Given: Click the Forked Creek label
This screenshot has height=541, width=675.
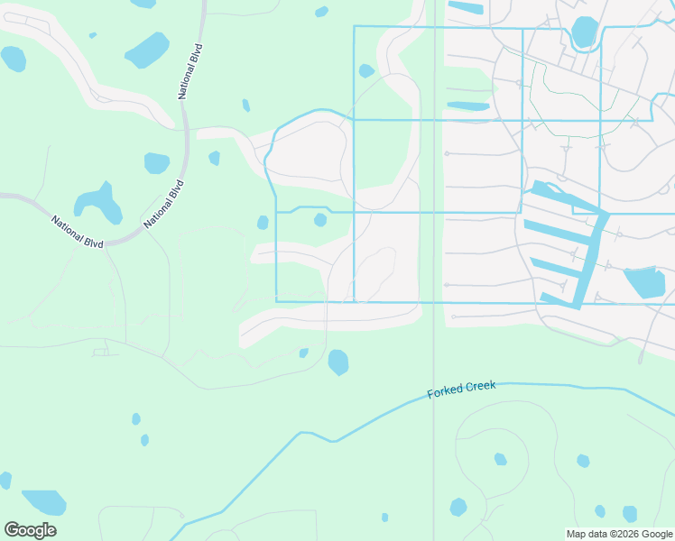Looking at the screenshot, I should [461, 389].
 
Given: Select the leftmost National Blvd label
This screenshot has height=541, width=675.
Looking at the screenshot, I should [77, 232].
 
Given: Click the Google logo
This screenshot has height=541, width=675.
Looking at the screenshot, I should [30, 530].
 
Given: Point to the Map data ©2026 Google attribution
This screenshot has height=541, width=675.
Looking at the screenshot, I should [618, 534].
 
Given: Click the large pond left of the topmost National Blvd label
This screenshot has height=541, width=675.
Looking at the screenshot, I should [147, 50].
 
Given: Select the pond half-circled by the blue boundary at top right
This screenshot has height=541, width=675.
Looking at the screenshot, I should [585, 32].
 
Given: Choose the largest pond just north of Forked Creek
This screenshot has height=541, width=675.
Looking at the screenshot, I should [338, 362].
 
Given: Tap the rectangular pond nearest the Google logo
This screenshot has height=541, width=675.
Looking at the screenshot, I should [43, 501].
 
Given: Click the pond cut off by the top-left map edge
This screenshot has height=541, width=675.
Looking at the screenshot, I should [13, 59].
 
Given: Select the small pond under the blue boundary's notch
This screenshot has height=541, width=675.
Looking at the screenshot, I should [320, 220].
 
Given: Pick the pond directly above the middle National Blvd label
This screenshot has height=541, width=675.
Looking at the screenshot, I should [156, 163].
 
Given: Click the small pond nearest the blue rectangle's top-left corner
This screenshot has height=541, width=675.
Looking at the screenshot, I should [366, 70].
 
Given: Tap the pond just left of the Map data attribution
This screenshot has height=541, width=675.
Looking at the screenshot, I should [630, 513].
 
